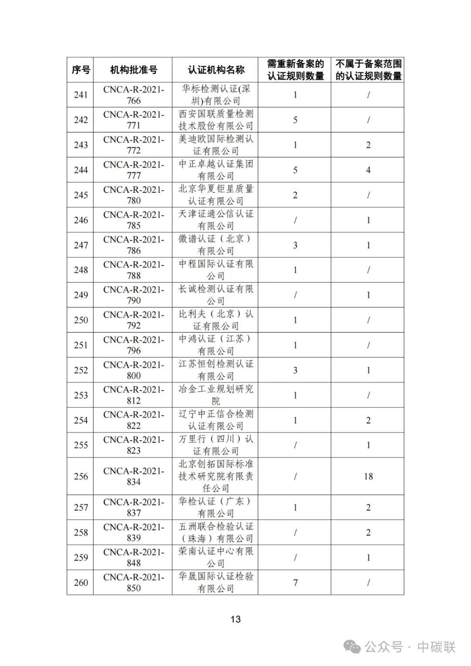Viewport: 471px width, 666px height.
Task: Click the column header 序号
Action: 81,70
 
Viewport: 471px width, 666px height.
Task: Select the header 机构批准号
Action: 133,70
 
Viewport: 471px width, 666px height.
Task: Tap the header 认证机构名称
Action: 216,70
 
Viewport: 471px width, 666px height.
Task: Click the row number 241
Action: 81,95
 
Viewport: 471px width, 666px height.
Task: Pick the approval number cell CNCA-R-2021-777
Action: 133,170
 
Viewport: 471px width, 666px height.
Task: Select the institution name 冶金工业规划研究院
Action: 216,395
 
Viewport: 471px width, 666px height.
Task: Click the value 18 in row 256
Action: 368,476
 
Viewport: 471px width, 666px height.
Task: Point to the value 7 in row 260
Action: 295,583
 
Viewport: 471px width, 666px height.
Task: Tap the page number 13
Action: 235,619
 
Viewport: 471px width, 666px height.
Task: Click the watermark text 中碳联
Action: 436,647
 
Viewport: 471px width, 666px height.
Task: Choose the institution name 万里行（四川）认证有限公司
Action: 216,445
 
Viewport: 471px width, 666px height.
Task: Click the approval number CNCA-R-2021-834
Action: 133,476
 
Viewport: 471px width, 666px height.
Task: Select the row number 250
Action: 81,320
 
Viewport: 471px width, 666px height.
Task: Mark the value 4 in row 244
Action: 368,170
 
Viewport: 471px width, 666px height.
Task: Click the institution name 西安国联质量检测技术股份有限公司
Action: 216,120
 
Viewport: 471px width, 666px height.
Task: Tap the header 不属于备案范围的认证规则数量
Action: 368,70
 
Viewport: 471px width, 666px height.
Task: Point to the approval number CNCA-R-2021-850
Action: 133,583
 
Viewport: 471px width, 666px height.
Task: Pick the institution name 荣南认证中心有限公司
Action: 216,557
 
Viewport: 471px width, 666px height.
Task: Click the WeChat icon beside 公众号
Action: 352,647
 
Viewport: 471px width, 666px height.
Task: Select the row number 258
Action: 81,533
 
